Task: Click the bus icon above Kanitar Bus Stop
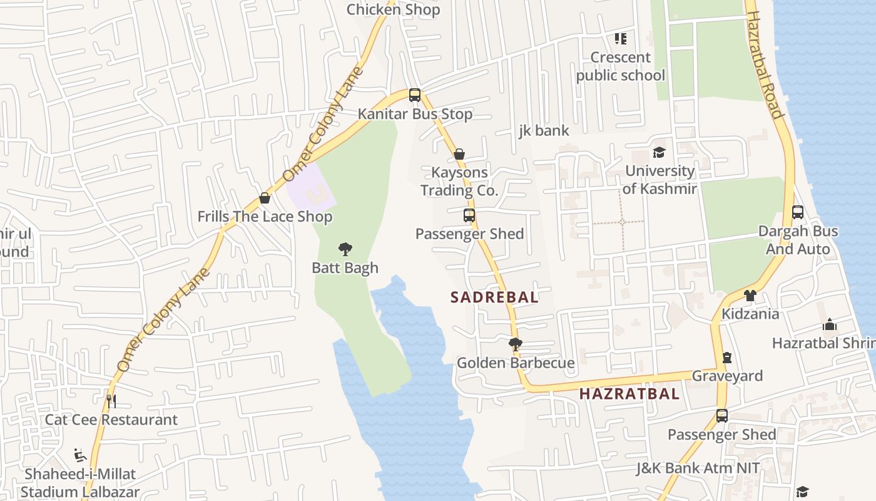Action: click(415, 95)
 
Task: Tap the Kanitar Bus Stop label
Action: click(415, 114)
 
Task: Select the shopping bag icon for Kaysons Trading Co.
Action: click(459, 154)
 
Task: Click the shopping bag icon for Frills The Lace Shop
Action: click(265, 198)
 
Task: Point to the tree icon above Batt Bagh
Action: click(345, 249)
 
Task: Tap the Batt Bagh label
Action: click(345, 268)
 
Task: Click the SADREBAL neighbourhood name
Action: click(494, 297)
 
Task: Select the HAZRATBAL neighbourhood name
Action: click(629, 394)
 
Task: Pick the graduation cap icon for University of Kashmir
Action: click(659, 152)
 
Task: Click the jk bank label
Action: click(544, 130)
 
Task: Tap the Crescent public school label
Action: click(620, 66)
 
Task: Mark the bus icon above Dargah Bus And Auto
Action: click(797, 212)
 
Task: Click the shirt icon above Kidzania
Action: click(750, 295)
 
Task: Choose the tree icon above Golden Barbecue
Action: click(516, 344)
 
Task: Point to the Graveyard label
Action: click(726, 376)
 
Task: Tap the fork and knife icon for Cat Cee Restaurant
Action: click(111, 401)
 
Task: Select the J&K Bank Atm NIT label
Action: click(698, 468)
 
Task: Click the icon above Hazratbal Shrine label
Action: click(830, 324)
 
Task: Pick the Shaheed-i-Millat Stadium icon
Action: click(80, 455)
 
